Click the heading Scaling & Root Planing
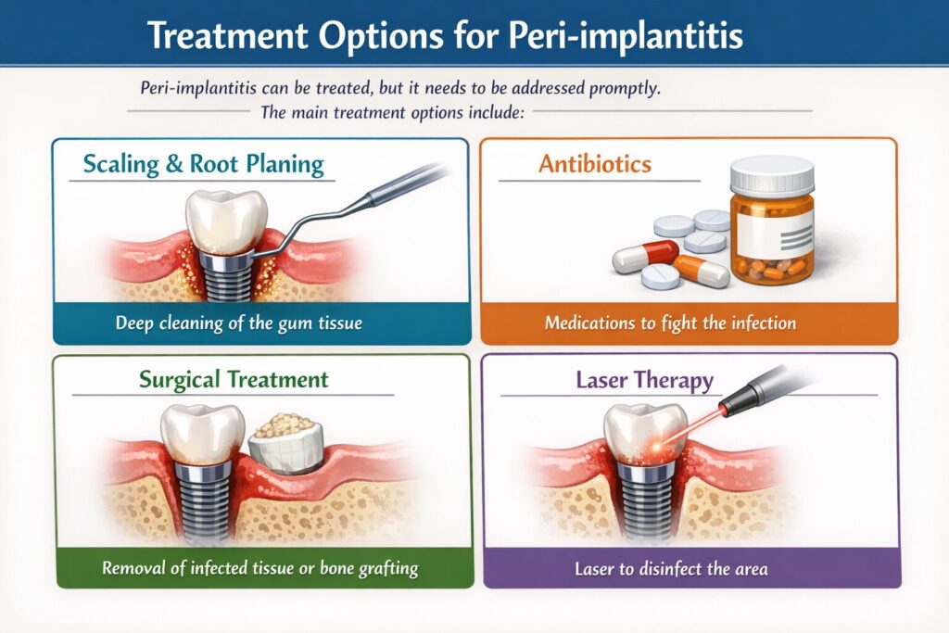click(x=203, y=166)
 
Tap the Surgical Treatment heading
click(x=233, y=379)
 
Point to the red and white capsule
click(x=646, y=256)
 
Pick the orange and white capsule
click(x=702, y=270)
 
